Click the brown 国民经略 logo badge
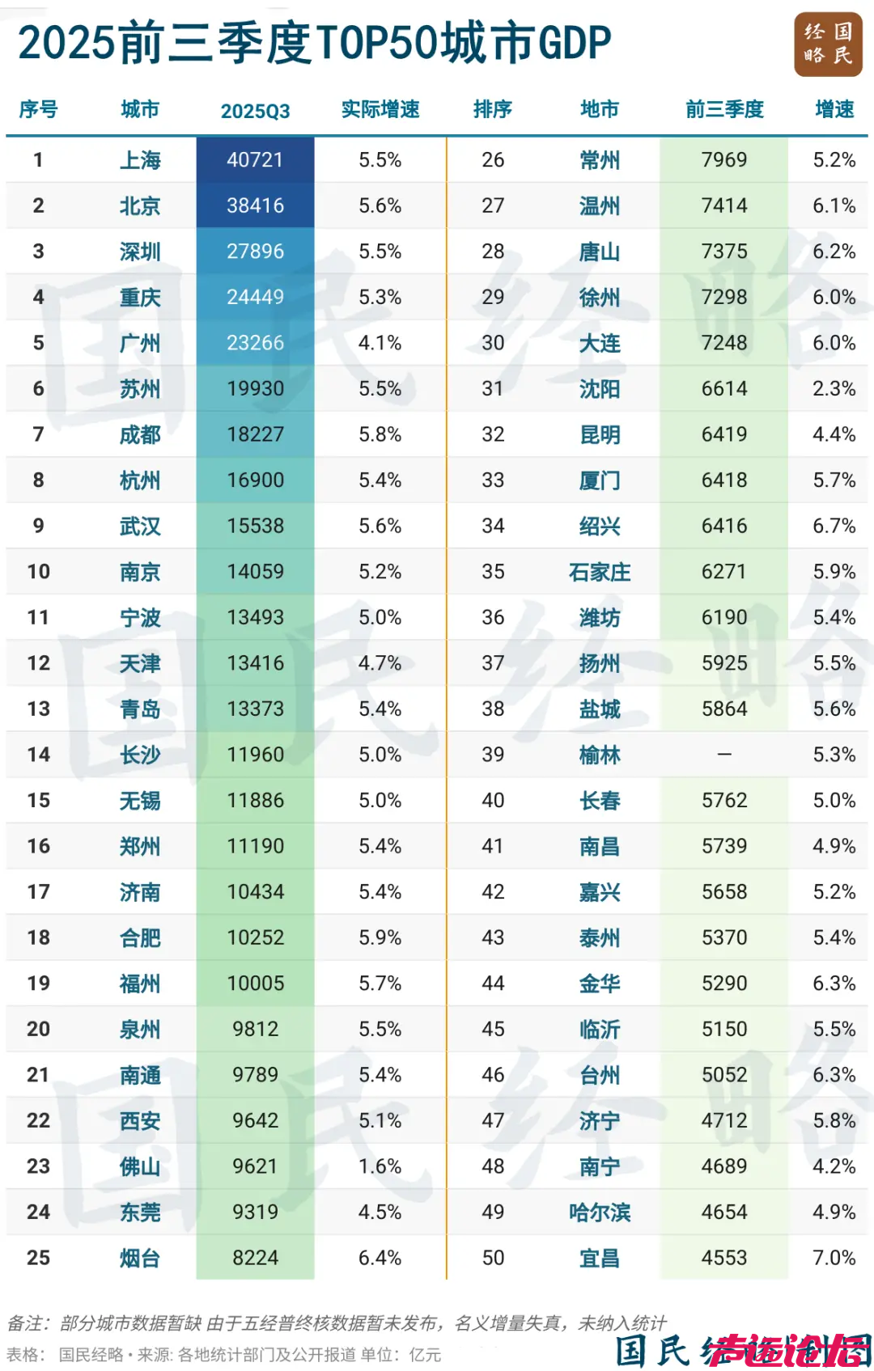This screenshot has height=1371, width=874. pos(828,44)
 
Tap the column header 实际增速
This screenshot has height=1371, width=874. pos(380,109)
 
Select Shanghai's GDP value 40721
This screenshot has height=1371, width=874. pos(255,160)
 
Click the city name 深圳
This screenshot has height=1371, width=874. pos(140,252)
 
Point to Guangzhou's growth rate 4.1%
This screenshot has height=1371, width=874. pos(380,343)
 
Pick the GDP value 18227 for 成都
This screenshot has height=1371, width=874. pos(255,434)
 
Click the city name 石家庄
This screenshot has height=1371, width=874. pos(600,572)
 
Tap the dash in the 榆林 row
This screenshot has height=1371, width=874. pos(724,755)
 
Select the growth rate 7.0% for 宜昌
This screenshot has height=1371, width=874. pos(834,1258)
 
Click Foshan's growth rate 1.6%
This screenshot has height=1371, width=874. pos(380,1166)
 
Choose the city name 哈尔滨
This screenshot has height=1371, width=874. pos(600,1212)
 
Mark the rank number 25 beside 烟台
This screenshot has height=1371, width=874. pos(38,1258)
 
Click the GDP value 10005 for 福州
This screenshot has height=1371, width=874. pos(255,984)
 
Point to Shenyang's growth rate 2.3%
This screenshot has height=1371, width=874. pos(834,389)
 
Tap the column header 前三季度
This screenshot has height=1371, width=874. pos(724,109)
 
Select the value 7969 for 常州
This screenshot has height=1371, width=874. pos(724,160)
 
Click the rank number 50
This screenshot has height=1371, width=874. pos(493,1258)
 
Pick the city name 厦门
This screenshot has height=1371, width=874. pos(600,480)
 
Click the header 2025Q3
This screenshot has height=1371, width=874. pos(255,111)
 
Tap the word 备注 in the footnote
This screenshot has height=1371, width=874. pos(23,1323)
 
